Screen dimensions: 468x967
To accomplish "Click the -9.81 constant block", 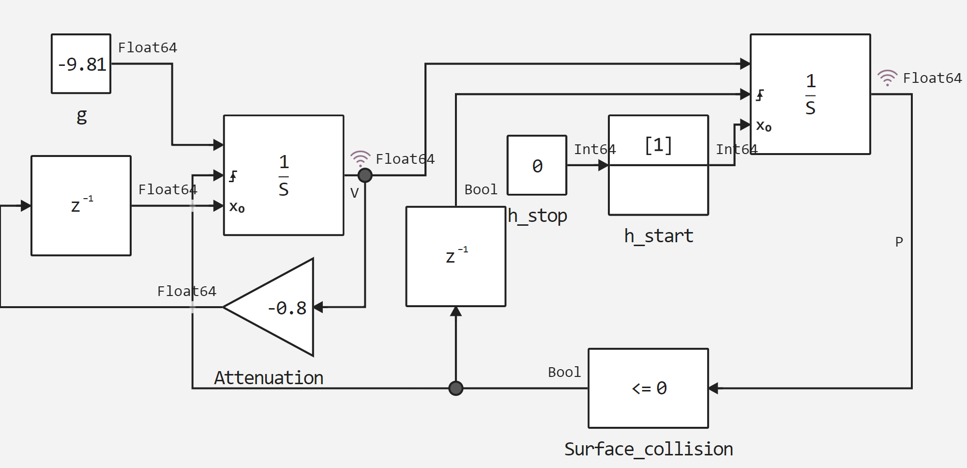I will tap(81, 63).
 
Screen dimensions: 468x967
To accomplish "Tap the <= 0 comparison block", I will tap(649, 388).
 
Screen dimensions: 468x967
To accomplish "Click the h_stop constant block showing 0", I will tap(537, 165).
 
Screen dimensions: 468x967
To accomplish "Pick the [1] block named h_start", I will tap(658, 165).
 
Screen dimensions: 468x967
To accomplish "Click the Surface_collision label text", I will tap(649, 449).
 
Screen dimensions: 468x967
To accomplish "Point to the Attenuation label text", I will tap(269, 378).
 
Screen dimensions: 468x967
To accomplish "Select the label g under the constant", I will tap(82, 116).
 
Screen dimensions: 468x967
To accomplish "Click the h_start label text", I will tap(658, 236).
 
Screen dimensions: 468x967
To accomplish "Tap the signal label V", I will tap(354, 193).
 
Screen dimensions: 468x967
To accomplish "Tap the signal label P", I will tap(899, 242).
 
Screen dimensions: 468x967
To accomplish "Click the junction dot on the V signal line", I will tap(365, 175).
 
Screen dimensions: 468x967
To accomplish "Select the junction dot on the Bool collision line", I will tap(455, 388).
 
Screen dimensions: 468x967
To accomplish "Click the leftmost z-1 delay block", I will tap(81, 205).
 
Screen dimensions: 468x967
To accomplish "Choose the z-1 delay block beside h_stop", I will tap(456, 256).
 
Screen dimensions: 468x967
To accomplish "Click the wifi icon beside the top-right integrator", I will tap(887, 78).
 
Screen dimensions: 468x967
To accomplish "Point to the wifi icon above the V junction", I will tap(360, 158).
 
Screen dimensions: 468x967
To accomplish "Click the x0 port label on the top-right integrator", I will tap(764, 126).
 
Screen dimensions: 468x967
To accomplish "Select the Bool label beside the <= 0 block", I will tap(564, 372).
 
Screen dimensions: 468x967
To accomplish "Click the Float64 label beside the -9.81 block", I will tap(148, 47).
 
